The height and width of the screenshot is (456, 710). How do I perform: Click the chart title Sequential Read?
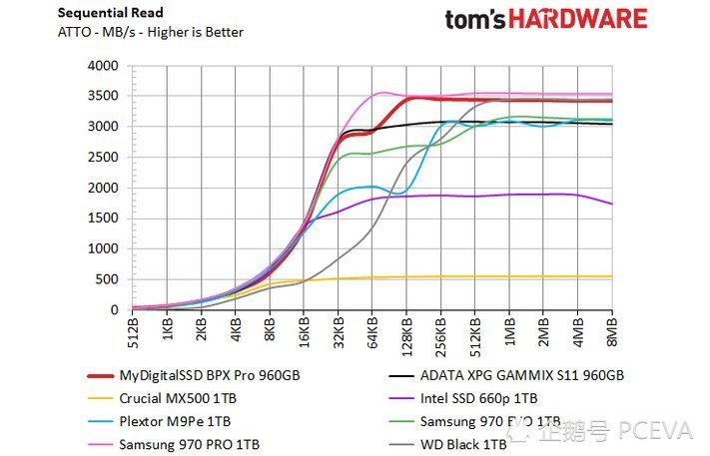click(x=109, y=13)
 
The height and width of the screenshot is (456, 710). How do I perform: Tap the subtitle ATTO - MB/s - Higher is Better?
click(x=150, y=32)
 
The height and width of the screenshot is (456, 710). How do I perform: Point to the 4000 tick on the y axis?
click(x=104, y=66)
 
